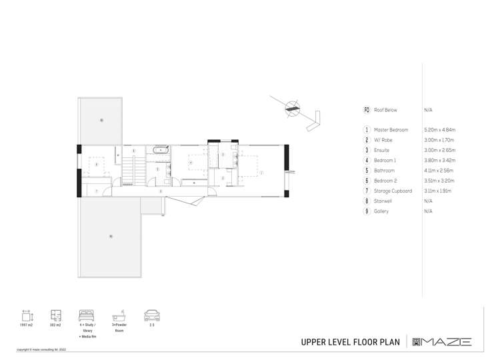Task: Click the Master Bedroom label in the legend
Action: click(x=391, y=130)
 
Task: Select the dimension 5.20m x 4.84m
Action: click(x=439, y=130)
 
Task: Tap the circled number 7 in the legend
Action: click(x=367, y=191)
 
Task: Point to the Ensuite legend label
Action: click(x=383, y=150)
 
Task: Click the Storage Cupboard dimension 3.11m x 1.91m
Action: click(x=438, y=191)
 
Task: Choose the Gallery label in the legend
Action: click(x=381, y=211)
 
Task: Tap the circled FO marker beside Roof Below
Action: click(x=367, y=109)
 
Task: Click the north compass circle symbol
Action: click(x=292, y=109)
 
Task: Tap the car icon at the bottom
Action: click(x=152, y=315)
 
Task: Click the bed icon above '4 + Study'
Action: click(x=88, y=315)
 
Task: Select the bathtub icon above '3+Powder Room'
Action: click(x=119, y=315)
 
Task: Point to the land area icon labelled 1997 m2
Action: click(x=27, y=315)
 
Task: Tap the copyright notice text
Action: click(x=41, y=349)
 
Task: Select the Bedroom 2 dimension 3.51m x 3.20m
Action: click(x=438, y=181)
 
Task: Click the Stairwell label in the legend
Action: click(x=383, y=201)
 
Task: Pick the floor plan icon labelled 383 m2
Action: click(x=56, y=315)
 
